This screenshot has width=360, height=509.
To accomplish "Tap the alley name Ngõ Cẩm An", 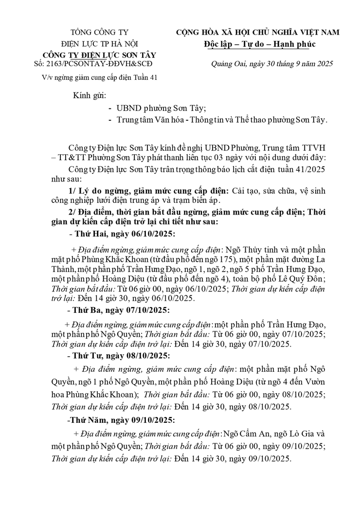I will click(241, 434).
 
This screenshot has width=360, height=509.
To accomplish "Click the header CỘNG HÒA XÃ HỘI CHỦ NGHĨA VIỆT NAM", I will click(258, 33).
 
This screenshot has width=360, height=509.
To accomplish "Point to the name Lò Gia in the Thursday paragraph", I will click(301, 434).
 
